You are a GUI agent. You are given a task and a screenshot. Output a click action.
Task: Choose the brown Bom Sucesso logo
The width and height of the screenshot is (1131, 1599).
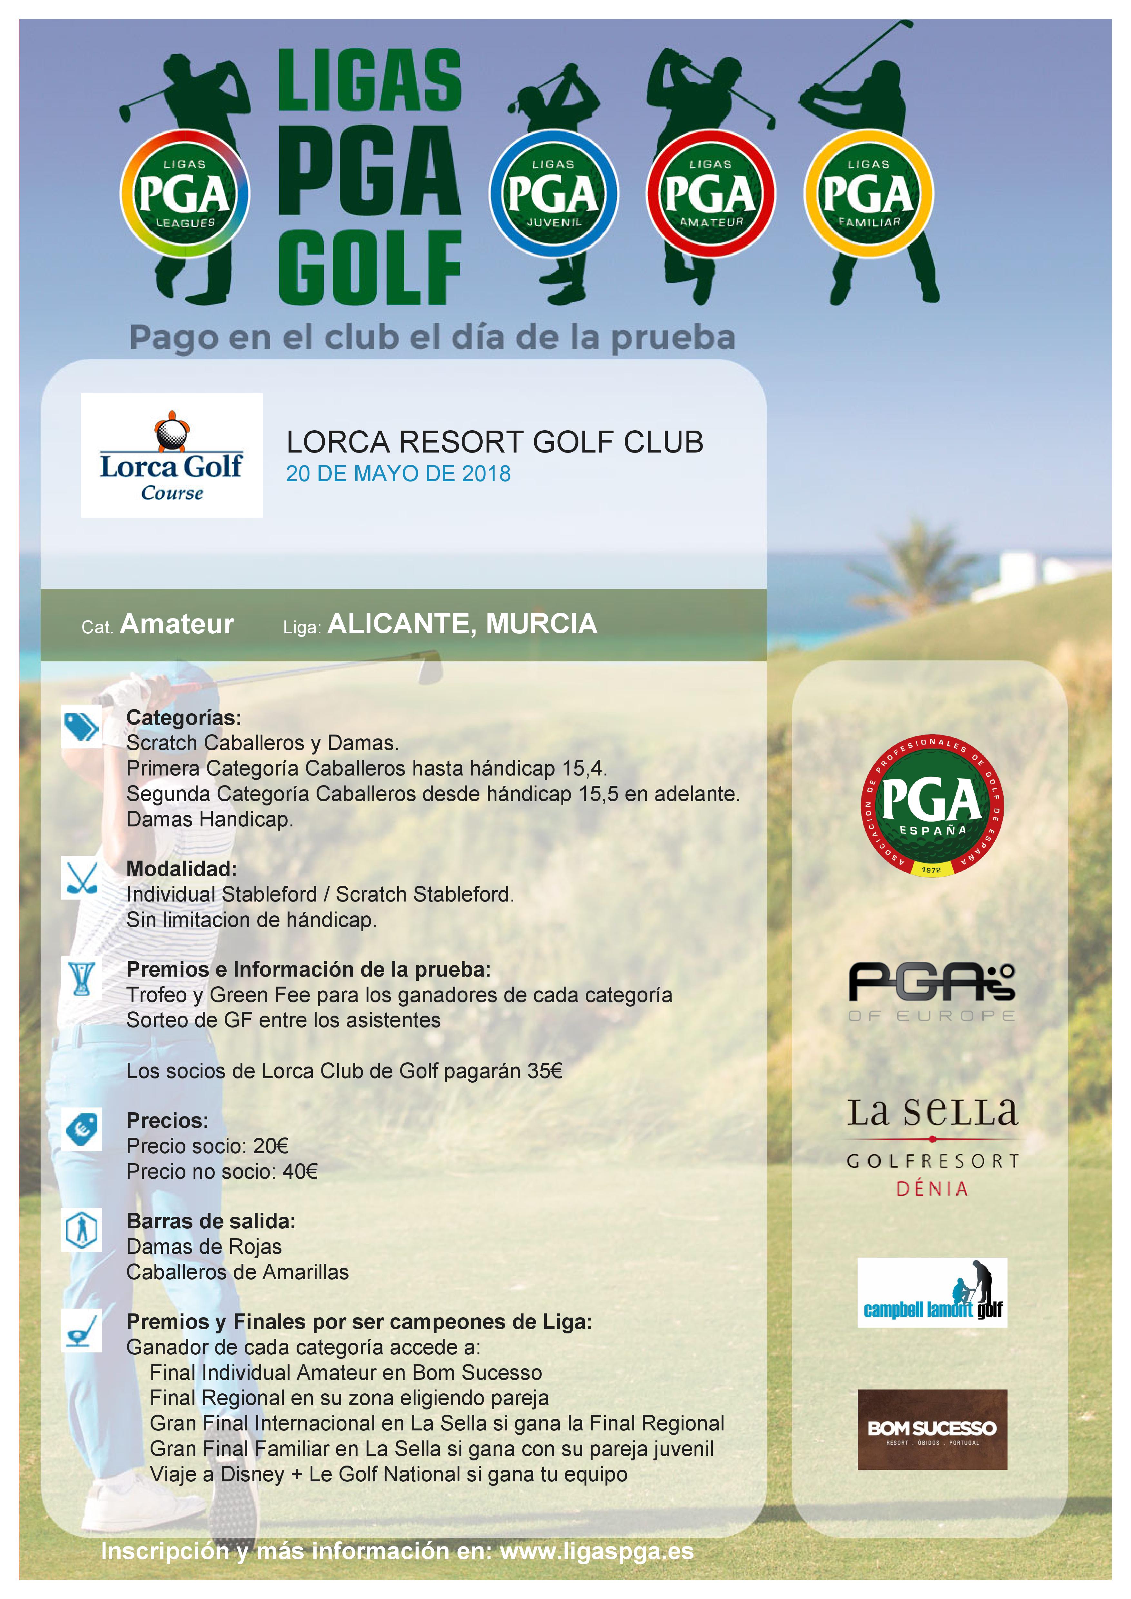[x=932, y=1430]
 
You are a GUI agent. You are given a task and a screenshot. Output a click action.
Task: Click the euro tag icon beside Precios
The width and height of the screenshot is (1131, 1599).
[x=82, y=1129]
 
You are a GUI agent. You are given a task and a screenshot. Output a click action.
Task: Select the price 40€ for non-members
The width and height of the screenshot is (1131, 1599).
[x=300, y=1171]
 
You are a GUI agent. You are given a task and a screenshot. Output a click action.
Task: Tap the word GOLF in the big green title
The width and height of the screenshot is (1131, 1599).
[x=369, y=268]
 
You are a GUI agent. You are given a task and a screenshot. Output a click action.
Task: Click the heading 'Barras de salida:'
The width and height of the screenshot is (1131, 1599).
[x=210, y=1221]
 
